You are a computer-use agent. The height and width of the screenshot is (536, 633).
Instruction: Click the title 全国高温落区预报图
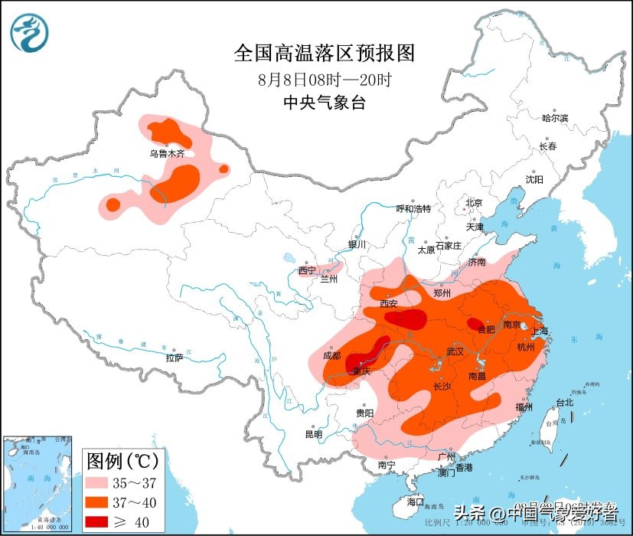(324, 53)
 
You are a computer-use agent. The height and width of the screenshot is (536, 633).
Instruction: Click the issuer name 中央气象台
(324, 103)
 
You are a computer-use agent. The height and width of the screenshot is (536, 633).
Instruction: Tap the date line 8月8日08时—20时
(324, 79)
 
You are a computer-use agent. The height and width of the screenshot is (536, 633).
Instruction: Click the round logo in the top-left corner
(29, 33)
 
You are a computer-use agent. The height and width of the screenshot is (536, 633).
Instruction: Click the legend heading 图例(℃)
(122, 461)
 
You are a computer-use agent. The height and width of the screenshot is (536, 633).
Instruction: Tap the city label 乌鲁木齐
(167, 154)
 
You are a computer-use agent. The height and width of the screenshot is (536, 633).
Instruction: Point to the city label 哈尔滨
(555, 118)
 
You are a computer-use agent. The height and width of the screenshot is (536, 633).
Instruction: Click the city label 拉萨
(175, 358)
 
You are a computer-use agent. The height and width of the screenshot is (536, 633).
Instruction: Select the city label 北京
(474, 203)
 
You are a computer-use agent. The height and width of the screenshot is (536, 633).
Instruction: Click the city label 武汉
(456, 351)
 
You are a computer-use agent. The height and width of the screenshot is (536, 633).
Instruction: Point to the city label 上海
(540, 332)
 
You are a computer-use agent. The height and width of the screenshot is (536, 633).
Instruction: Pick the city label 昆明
(314, 434)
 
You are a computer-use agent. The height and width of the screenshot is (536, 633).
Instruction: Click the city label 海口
(416, 502)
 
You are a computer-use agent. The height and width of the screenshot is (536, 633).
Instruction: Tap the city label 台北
(564, 403)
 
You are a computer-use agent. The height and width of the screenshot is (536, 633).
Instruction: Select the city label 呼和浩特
(413, 209)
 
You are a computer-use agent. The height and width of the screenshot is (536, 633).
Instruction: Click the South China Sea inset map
(38, 482)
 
